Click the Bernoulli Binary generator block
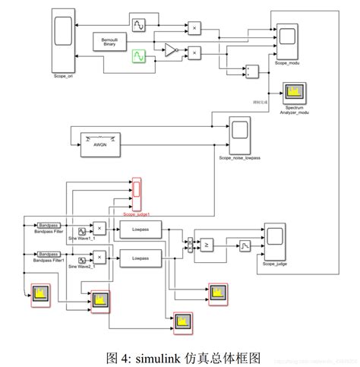tap(110, 43)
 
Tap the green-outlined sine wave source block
tap(139, 55)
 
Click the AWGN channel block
tap(101, 143)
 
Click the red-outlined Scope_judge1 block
tap(137, 195)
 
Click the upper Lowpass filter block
tap(140, 229)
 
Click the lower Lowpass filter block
tap(140, 258)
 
